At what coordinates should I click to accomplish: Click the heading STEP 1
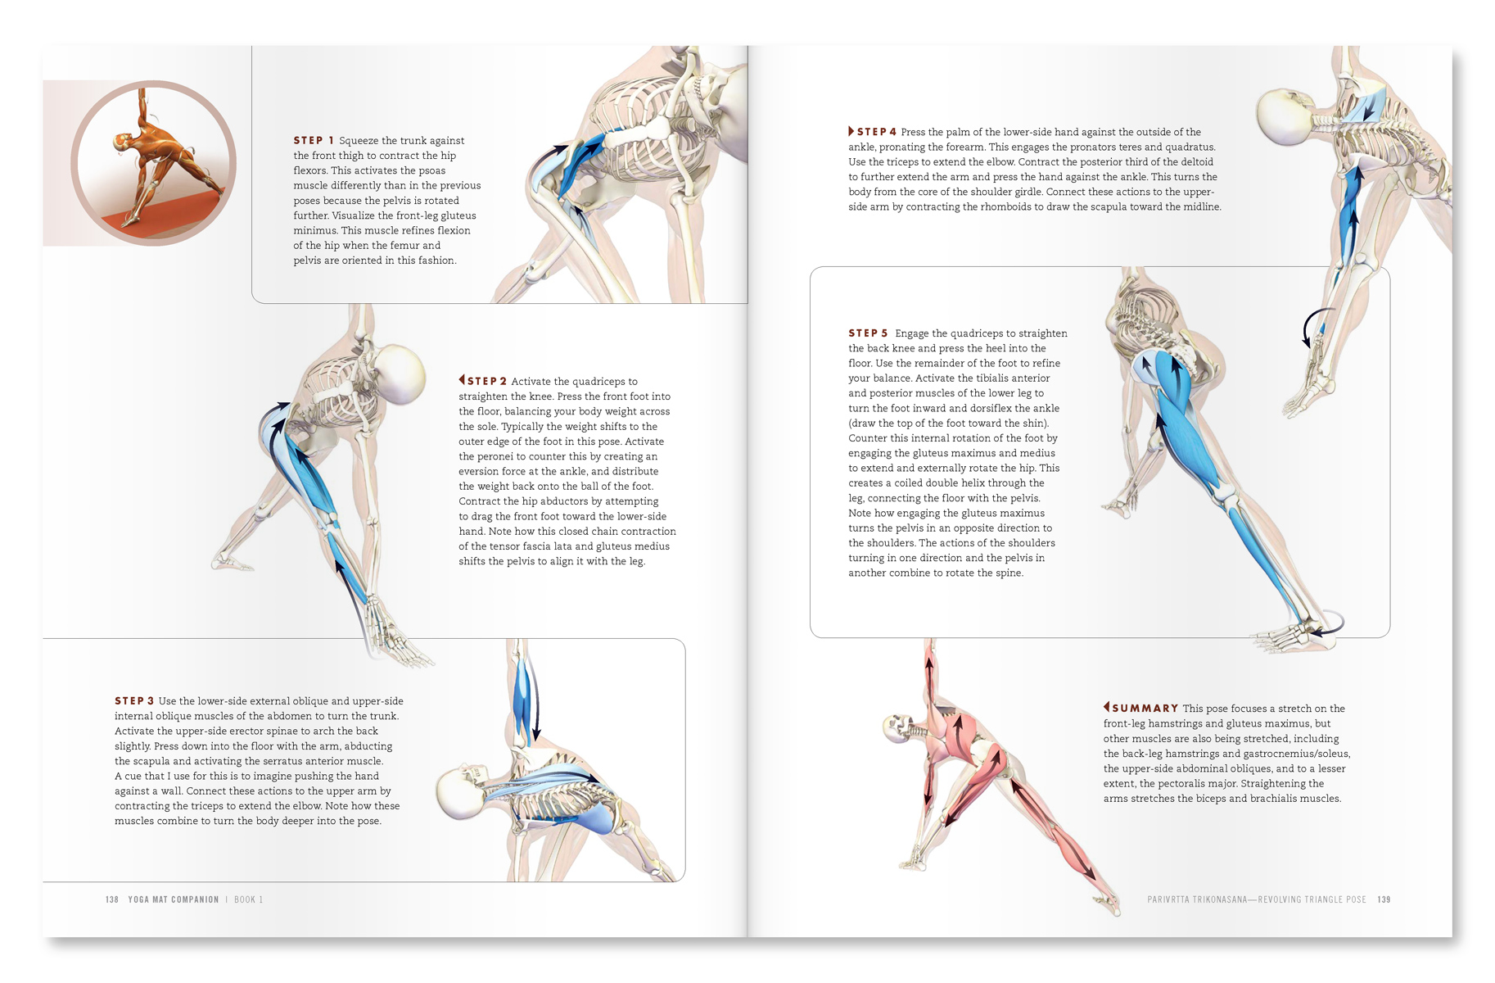[x=314, y=141]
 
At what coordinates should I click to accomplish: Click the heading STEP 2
[x=486, y=381]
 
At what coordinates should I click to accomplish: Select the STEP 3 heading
[x=134, y=701]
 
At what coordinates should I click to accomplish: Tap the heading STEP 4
[x=877, y=132]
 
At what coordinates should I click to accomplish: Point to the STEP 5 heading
[x=868, y=333]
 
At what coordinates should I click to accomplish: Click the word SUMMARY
[x=1145, y=709]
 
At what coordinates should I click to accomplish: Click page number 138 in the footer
[x=112, y=899]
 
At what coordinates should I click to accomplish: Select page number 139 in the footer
[x=1384, y=899]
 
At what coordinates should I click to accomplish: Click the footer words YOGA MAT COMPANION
[x=174, y=899]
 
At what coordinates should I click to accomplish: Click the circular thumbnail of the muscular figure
[x=153, y=163]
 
